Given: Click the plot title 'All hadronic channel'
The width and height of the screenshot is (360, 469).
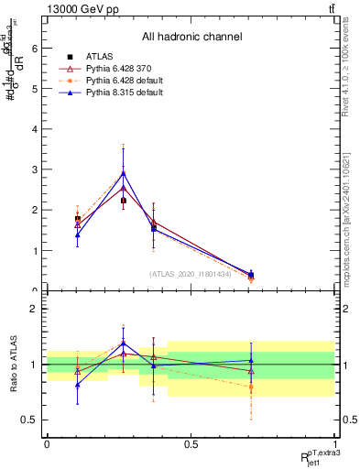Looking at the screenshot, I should tap(191, 38).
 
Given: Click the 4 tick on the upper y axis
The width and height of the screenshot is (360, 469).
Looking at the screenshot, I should tap(36, 129).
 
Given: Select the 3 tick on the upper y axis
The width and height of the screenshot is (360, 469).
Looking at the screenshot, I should tap(36, 169).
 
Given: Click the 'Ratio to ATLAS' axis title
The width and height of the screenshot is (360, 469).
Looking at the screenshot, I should tap(13, 365).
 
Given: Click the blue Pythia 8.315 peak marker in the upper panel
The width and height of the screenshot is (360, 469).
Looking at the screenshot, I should tap(123, 172).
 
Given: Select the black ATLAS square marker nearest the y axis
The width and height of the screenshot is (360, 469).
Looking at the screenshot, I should tap(77, 219).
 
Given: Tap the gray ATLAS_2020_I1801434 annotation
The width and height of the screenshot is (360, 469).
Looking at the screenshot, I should tap(191, 273).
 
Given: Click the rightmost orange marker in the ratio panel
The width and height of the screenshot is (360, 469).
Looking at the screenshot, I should tap(251, 387).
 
